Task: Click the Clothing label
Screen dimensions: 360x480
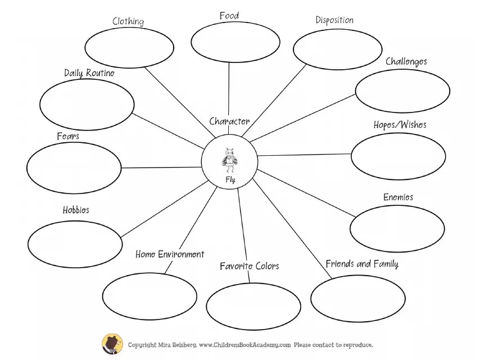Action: click(128, 21)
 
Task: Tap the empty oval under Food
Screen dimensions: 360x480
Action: click(235, 42)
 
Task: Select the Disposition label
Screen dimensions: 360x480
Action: click(334, 20)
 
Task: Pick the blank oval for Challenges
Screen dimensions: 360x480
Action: click(402, 91)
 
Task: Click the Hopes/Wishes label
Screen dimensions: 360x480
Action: click(400, 125)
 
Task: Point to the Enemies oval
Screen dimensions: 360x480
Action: click(397, 228)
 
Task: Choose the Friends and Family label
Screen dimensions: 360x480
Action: click(362, 264)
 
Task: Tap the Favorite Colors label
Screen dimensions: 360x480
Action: click(249, 266)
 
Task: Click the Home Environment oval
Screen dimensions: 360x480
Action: click(150, 295)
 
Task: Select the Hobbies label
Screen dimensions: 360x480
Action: click(76, 210)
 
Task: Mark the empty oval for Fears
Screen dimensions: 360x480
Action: click(74, 168)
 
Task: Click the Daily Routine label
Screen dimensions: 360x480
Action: click(89, 73)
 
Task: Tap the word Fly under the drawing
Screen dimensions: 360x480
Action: click(230, 180)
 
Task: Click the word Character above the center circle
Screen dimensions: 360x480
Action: click(229, 121)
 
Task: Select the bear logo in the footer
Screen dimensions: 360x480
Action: click(112, 344)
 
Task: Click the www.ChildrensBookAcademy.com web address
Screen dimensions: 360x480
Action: click(244, 345)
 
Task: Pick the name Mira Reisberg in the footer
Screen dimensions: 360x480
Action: click(176, 345)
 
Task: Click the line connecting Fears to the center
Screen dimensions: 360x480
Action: click(162, 168)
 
